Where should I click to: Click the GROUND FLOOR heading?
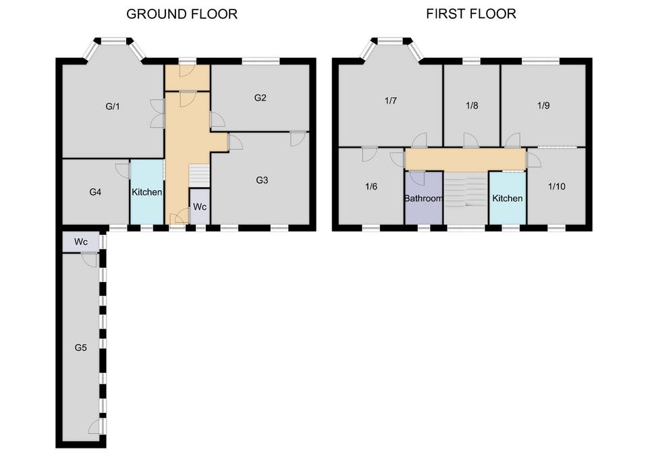(x=182, y=14)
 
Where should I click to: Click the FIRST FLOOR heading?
(x=471, y=14)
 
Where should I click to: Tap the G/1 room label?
(x=113, y=107)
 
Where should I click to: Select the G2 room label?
(x=261, y=98)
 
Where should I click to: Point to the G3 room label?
(x=262, y=180)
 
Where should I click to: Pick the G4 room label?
(x=95, y=192)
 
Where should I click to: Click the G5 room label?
(x=80, y=348)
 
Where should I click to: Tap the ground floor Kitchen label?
(x=146, y=192)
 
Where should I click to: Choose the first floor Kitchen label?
(x=508, y=198)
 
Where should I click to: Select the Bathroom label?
(x=424, y=198)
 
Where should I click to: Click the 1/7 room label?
(x=391, y=101)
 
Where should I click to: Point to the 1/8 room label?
(x=472, y=105)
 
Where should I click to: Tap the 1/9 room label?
(x=543, y=105)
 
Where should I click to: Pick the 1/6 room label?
(x=371, y=187)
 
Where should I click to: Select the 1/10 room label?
(x=557, y=186)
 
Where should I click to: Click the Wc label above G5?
(x=81, y=242)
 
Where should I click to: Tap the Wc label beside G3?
(x=200, y=206)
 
